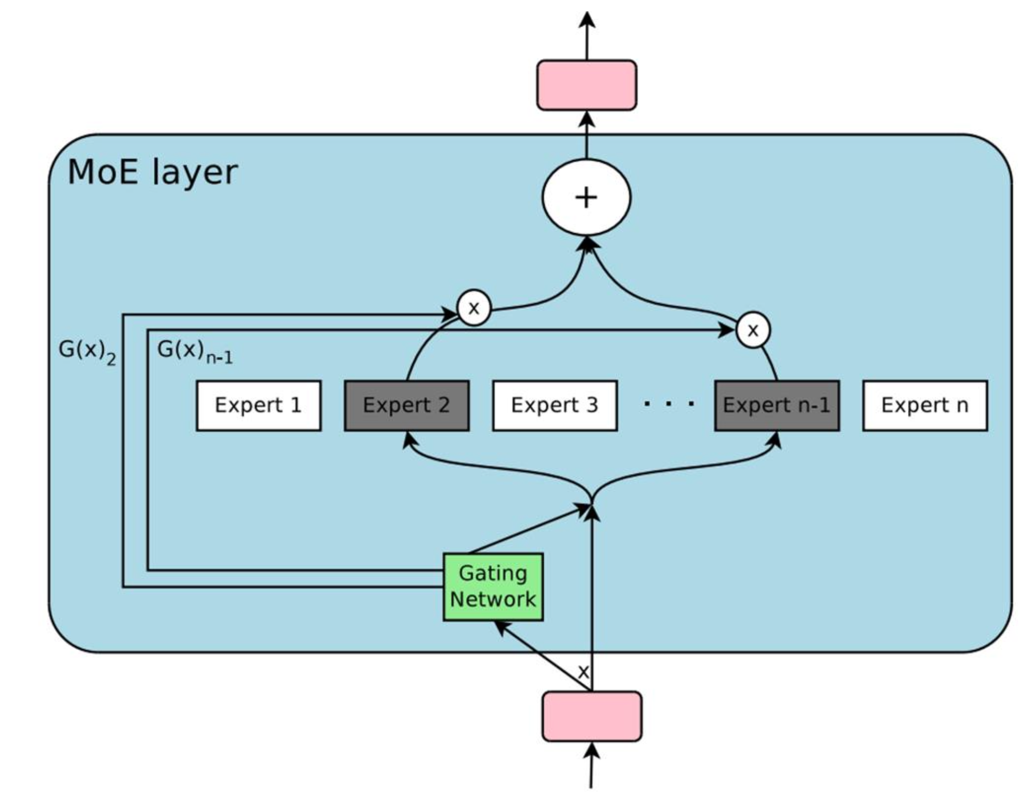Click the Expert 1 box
click(258, 406)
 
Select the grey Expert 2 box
click(406, 406)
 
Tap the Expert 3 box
click(555, 406)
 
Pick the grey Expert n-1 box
click(777, 406)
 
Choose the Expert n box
click(924, 406)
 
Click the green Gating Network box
click(493, 586)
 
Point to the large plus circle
click(586, 198)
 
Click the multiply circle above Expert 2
click(474, 308)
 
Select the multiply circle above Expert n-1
click(753, 330)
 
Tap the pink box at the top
click(586, 85)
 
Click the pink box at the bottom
click(592, 716)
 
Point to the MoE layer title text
click(152, 172)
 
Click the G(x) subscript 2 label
click(87, 351)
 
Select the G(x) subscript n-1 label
click(194, 352)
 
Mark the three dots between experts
click(669, 404)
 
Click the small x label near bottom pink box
click(583, 671)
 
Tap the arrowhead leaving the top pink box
click(587, 20)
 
